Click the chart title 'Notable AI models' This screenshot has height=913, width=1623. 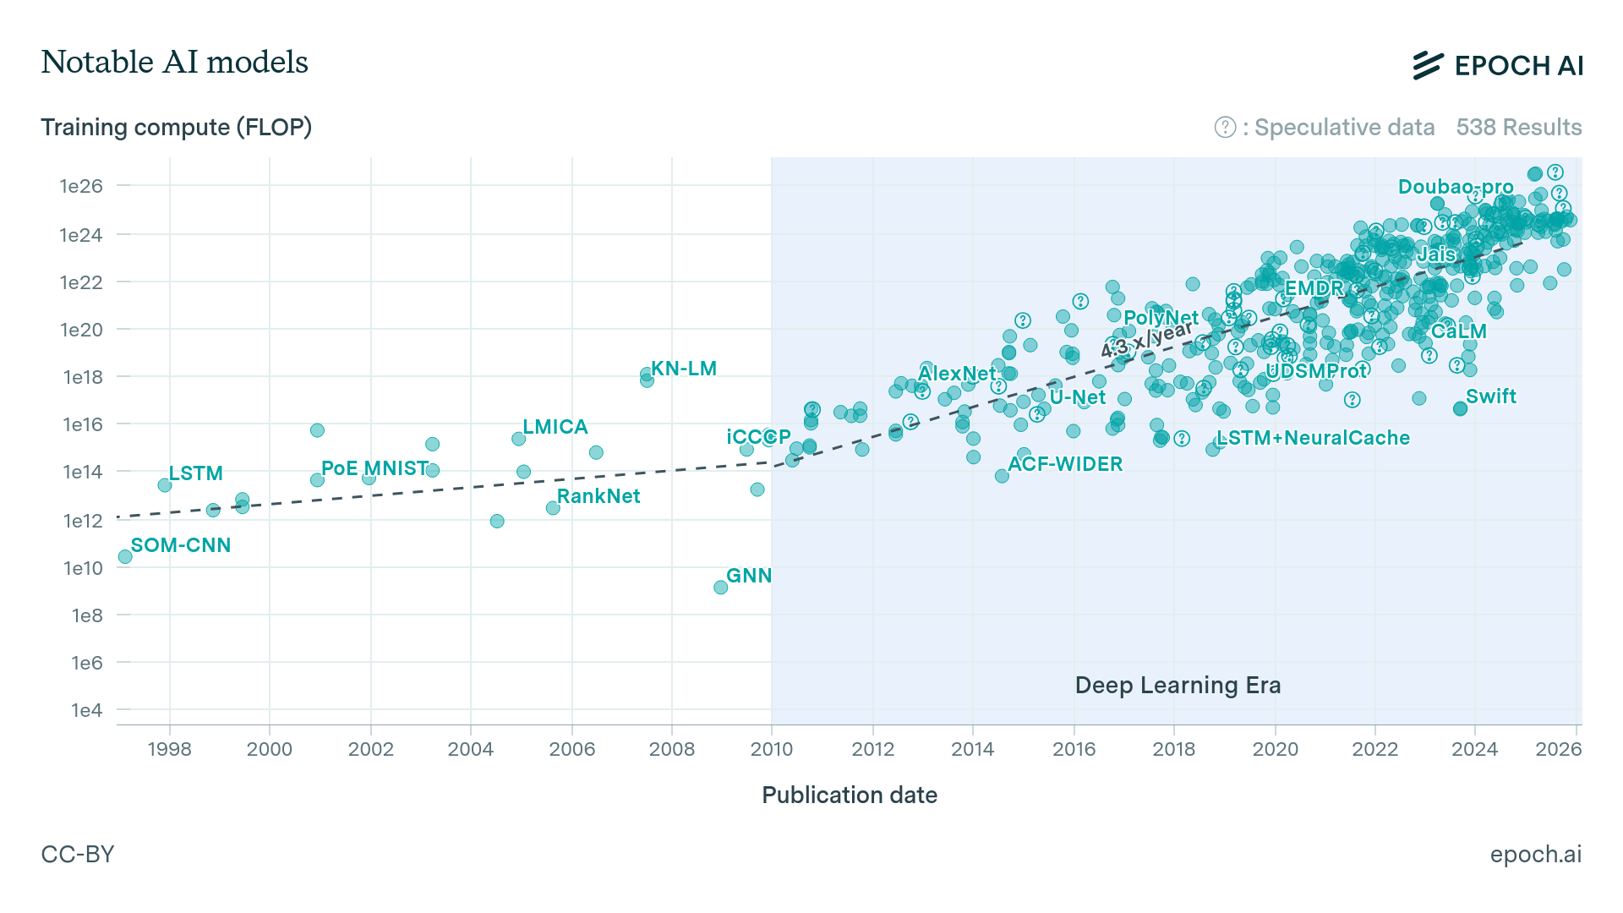174,62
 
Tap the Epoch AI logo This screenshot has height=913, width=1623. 1497,65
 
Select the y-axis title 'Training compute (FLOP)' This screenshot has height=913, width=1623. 176,127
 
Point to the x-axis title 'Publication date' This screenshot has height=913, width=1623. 849,795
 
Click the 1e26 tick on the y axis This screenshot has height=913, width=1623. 81,186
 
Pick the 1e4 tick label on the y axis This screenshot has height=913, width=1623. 86,710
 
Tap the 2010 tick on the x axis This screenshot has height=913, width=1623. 771,749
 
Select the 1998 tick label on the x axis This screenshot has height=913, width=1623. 169,749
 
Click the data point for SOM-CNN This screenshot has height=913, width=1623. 125,556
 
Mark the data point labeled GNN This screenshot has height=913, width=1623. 720,588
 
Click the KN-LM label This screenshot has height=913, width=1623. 683,369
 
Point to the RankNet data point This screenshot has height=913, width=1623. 553,508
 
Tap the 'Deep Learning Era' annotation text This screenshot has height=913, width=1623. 1178,685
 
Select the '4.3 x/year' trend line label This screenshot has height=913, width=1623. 1147,338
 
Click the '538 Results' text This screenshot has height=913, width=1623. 1518,127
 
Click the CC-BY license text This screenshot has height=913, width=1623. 78,854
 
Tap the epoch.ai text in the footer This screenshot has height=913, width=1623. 1535,854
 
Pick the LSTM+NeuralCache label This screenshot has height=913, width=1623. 1313,438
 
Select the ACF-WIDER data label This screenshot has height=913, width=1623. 1065,464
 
